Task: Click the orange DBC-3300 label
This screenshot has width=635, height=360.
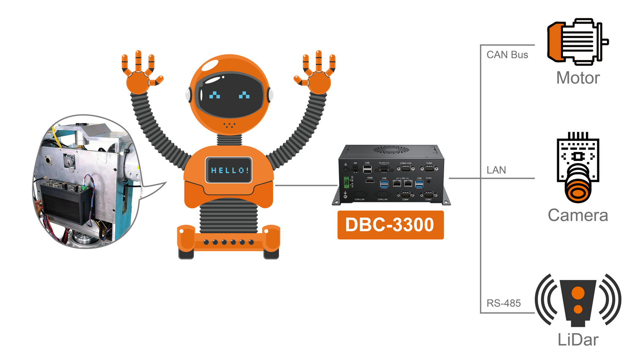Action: click(x=390, y=225)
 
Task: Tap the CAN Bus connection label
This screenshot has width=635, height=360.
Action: click(x=507, y=55)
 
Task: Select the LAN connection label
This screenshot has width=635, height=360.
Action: click(x=496, y=170)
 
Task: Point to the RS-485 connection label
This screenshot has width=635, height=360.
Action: click(x=503, y=303)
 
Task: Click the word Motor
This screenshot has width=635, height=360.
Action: click(x=578, y=78)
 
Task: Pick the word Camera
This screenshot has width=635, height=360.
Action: click(x=577, y=215)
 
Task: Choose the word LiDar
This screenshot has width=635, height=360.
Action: click(x=578, y=340)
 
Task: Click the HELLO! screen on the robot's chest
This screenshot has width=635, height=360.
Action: click(x=229, y=170)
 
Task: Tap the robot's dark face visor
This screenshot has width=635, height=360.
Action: click(x=229, y=95)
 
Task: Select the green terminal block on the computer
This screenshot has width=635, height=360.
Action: click(x=347, y=182)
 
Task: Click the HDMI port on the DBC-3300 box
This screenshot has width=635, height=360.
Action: click(x=370, y=182)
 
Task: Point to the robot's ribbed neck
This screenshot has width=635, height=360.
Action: click(x=229, y=140)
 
